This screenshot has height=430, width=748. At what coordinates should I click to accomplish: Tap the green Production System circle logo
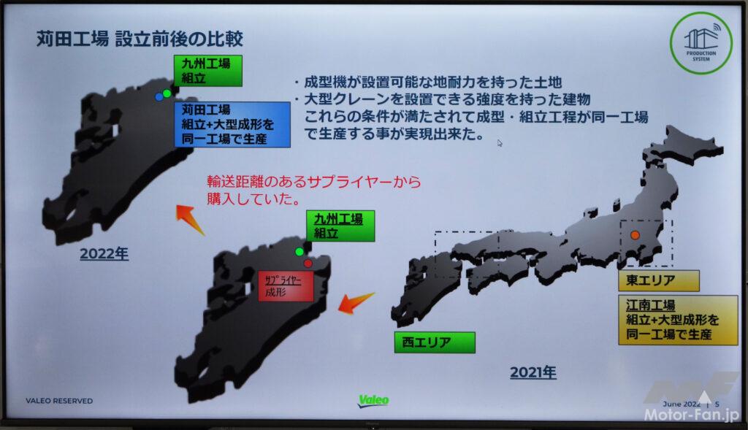click(701, 43)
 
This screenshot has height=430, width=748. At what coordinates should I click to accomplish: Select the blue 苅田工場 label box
click(232, 124)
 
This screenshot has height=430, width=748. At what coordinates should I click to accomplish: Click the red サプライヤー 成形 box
click(286, 286)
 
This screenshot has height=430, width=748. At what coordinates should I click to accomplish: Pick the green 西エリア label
click(435, 342)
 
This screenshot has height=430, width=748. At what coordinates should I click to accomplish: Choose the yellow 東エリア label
click(659, 281)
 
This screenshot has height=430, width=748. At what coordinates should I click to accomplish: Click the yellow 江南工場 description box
click(678, 320)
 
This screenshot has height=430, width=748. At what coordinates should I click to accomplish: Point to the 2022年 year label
click(104, 254)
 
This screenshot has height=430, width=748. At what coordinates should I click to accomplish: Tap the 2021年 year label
click(533, 372)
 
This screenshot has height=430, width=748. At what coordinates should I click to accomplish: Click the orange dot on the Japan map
click(635, 235)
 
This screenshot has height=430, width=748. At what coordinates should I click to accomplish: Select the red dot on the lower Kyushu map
click(308, 263)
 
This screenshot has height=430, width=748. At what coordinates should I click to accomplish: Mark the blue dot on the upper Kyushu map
click(159, 97)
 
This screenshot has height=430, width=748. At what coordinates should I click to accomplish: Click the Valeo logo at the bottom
click(373, 401)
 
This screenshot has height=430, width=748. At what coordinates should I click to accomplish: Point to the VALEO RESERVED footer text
click(59, 401)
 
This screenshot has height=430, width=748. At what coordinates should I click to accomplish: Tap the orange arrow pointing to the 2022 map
click(190, 219)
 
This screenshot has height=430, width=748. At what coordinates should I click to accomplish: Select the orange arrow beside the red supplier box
click(356, 302)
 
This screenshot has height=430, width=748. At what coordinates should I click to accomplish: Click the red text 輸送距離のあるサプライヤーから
click(314, 182)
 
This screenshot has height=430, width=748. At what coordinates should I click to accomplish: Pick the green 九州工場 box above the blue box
click(208, 71)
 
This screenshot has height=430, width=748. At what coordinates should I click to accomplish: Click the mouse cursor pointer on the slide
click(499, 142)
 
